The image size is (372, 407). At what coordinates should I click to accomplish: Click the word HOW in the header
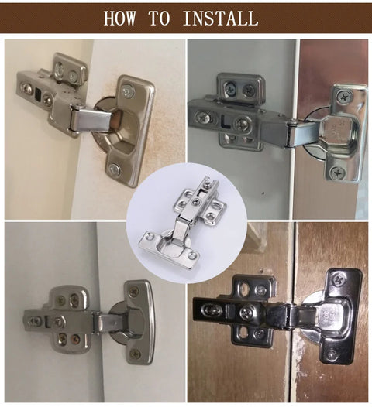(x=119, y=18)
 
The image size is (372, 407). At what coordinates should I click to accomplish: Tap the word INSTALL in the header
(x=221, y=18)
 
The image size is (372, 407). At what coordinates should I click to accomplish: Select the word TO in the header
(x=160, y=18)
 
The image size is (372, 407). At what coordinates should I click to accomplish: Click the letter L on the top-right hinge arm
(x=226, y=122)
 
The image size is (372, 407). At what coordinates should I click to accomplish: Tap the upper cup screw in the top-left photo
(x=127, y=91)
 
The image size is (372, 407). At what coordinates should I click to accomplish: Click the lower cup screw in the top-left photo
(x=114, y=169)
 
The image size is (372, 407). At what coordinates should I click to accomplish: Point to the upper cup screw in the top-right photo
(x=345, y=97)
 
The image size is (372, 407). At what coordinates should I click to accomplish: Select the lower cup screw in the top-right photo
(x=338, y=172)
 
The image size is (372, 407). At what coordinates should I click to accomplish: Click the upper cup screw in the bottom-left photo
(x=134, y=292)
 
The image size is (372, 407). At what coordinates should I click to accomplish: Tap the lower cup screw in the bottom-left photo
(x=135, y=354)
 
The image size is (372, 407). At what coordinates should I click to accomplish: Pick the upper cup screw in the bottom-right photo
(x=339, y=280)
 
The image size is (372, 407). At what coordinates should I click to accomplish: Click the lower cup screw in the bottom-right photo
(x=332, y=354)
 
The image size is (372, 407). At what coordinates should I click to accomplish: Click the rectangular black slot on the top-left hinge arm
(x=38, y=94)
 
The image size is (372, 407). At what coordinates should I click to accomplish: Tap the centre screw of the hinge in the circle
(x=196, y=201)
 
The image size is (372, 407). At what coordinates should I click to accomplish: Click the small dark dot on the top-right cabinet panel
(x=263, y=193)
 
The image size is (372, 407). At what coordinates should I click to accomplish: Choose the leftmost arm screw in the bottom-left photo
(x=35, y=321)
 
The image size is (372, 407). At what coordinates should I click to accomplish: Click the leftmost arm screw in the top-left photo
(x=25, y=89)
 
